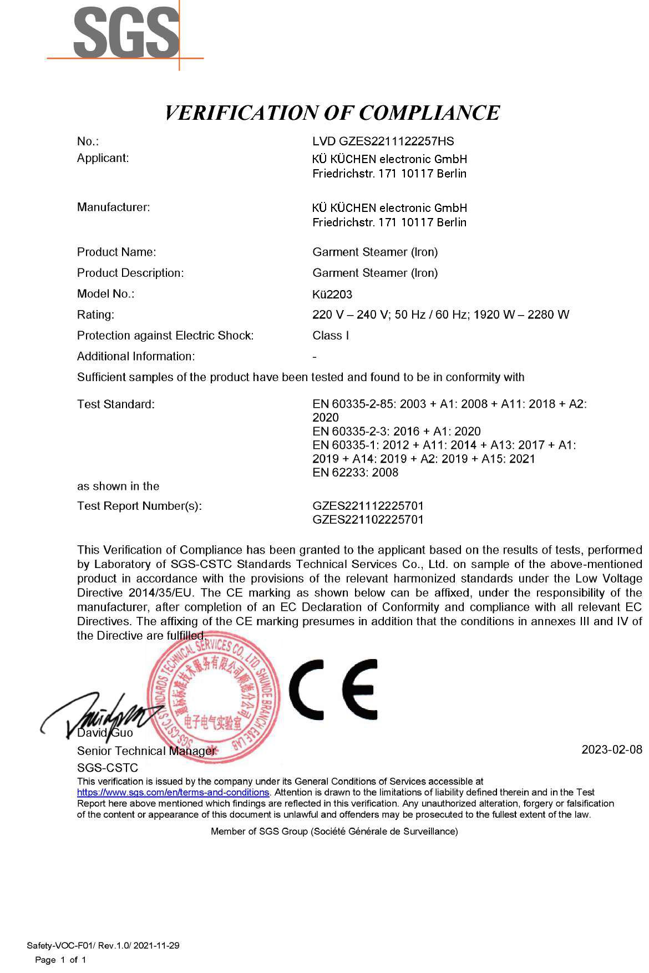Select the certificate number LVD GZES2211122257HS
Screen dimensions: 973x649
click(x=383, y=141)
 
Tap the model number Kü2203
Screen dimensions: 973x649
click(x=332, y=294)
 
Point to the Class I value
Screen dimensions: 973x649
click(x=331, y=336)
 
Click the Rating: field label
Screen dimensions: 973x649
click(x=95, y=315)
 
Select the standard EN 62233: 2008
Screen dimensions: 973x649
click(x=355, y=473)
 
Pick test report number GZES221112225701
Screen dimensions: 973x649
click(x=368, y=506)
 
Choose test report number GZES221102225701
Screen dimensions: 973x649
click(x=368, y=520)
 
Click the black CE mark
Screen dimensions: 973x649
click(x=333, y=690)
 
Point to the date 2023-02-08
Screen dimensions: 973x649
click(x=611, y=750)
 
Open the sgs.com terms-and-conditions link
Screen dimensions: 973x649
click(x=173, y=793)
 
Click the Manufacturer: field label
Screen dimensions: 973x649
click(x=114, y=207)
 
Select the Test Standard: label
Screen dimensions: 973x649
click(x=116, y=404)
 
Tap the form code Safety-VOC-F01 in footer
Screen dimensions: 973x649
click(x=61, y=945)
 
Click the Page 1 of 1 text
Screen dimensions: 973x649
click(x=60, y=960)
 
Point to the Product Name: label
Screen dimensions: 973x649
click(x=116, y=252)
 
